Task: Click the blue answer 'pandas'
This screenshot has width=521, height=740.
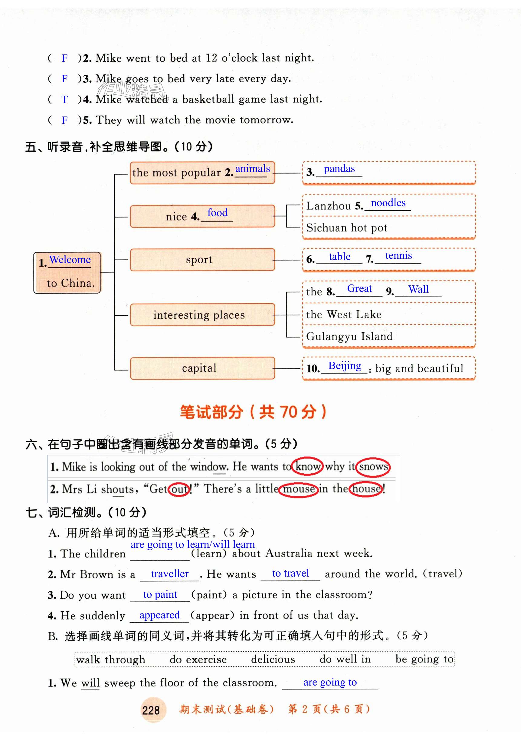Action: tap(339, 169)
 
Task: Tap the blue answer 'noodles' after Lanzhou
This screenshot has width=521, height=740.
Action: tap(388, 203)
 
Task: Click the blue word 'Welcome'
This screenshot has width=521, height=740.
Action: tap(70, 259)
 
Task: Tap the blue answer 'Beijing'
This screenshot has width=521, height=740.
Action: tap(344, 366)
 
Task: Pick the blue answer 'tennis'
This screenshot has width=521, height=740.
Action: tap(398, 255)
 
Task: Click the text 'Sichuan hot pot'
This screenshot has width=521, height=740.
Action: tap(346, 228)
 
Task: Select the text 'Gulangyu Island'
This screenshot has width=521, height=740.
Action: tap(349, 336)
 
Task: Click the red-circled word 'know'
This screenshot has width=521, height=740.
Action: tap(307, 466)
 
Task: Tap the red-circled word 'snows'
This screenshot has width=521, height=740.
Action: tap(373, 467)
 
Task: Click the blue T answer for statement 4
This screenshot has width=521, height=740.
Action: tap(65, 99)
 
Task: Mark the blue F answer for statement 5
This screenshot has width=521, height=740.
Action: tap(65, 120)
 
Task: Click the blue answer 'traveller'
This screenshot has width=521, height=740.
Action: tap(169, 574)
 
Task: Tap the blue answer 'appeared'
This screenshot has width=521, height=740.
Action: tap(159, 615)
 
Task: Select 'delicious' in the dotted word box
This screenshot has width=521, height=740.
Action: tap(273, 659)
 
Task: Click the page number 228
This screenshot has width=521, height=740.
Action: tap(151, 710)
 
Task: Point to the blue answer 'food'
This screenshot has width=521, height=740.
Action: tap(217, 213)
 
